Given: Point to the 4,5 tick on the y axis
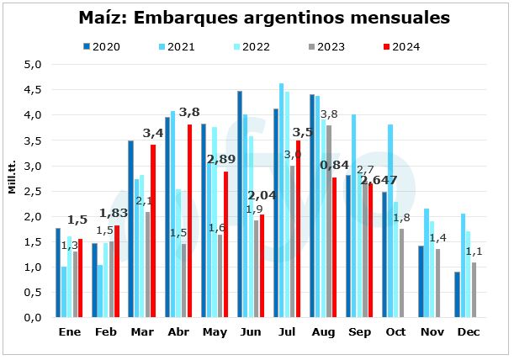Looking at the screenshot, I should (x=31, y=89).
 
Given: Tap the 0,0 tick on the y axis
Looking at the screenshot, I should (x=31, y=318).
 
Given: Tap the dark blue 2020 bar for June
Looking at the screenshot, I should (x=240, y=204).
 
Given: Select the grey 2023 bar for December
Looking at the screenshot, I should (x=474, y=290).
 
